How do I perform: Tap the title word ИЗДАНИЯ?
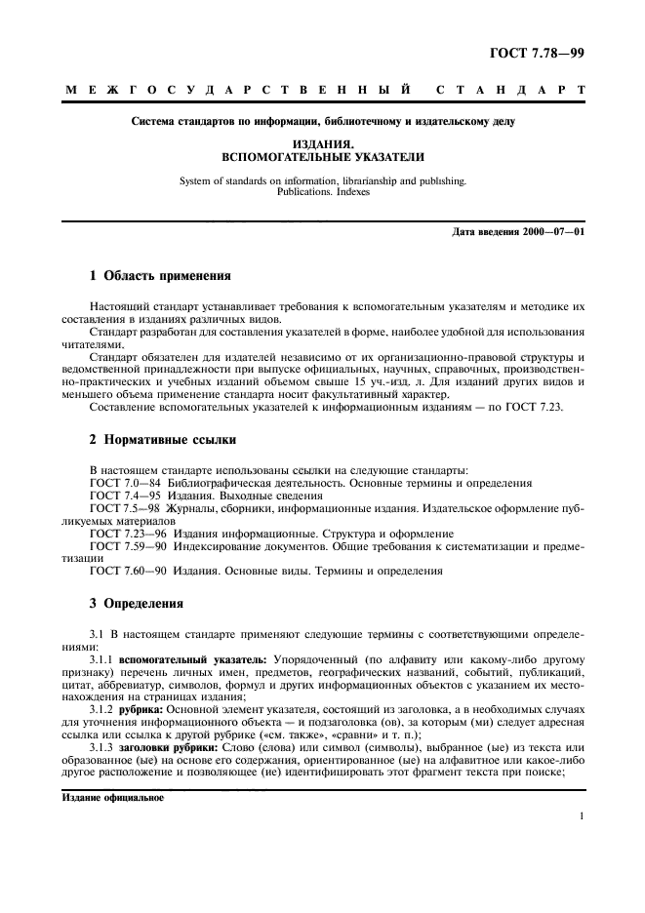point(322,142)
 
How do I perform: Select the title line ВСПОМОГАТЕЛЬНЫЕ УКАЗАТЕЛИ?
point(322,156)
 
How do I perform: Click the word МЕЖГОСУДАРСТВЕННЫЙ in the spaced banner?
point(228,92)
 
